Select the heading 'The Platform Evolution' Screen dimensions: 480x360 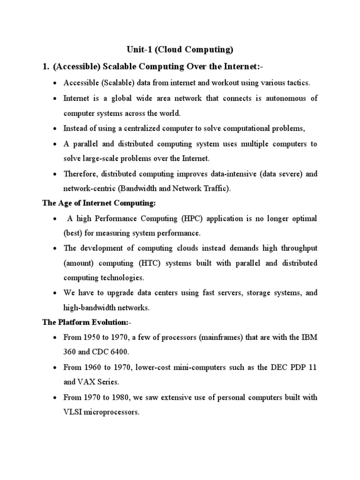tap(85, 322)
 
